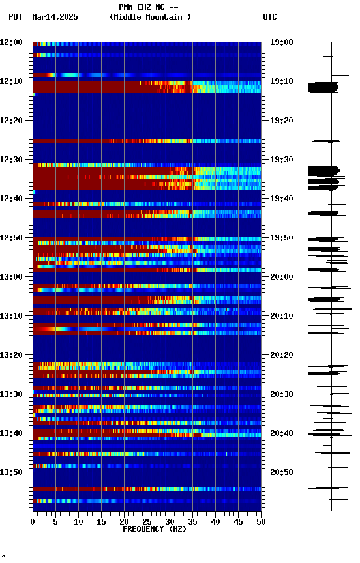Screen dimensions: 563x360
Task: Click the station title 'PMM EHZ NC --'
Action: pos(148,7)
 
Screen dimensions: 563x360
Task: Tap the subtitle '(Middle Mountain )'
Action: pos(151,17)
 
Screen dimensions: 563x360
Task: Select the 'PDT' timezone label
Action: pos(16,17)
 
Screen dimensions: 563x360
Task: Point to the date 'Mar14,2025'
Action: pos(55,17)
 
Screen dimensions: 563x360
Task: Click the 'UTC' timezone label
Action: pos(270,17)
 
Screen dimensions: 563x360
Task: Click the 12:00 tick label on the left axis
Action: pos(11,42)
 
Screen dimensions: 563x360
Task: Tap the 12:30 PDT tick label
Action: pos(11,160)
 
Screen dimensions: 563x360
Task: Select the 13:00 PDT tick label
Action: pos(11,277)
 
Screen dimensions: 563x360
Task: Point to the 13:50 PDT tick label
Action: pos(11,472)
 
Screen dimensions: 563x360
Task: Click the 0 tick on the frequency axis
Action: pos(33,522)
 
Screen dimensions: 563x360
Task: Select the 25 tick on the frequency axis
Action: pos(147,522)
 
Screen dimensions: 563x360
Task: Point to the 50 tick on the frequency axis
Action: pos(261,522)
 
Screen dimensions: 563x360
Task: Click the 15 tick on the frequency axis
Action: pos(101,522)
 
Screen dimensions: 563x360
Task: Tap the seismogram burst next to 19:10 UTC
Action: pos(323,87)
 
